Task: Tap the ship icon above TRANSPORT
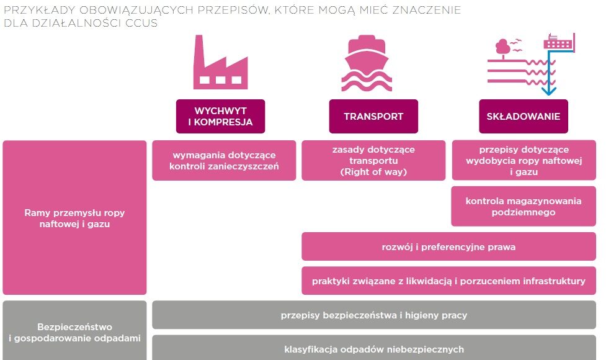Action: tap(367, 63)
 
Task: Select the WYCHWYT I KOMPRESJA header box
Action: tap(221, 116)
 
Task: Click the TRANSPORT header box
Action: tap(373, 116)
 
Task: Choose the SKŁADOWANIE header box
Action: tap(524, 116)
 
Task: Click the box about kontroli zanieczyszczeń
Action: tap(224, 160)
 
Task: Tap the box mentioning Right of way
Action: tap(373, 160)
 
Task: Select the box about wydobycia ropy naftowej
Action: tap(524, 160)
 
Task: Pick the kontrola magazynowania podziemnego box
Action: tap(524, 206)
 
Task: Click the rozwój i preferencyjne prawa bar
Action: tap(449, 246)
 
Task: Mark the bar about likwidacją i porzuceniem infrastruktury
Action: tap(449, 281)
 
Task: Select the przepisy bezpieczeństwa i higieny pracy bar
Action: tap(374, 315)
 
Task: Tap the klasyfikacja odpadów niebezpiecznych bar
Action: tap(374, 348)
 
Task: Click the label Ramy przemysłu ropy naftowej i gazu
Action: tap(74, 218)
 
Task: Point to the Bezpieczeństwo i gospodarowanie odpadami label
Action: tap(74, 332)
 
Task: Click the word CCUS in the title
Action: tap(141, 23)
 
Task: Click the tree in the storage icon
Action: tap(503, 48)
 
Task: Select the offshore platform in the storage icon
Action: tap(560, 42)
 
